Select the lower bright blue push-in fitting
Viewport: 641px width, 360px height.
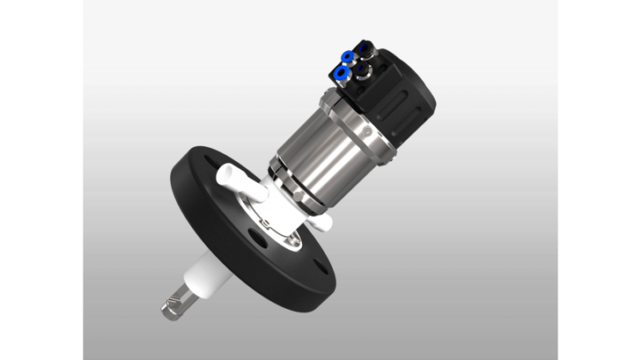(342, 72)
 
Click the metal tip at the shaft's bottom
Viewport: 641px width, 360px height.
(171, 306)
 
